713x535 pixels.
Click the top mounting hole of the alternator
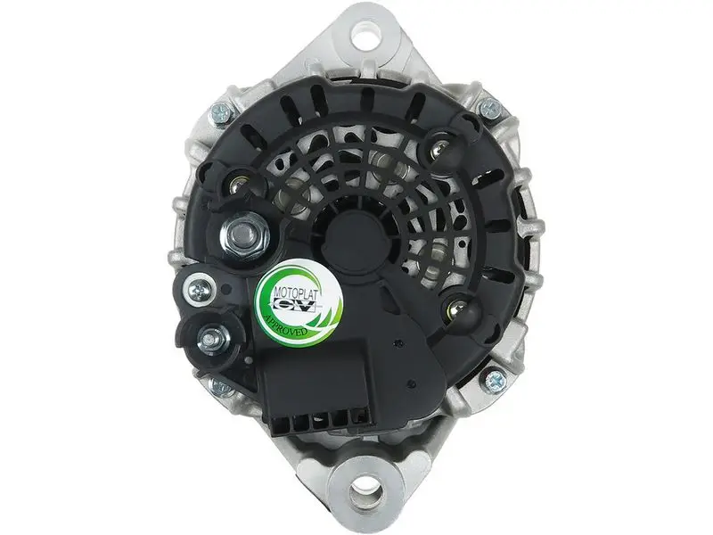pos(365,34)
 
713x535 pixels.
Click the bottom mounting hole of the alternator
pos(366,492)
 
